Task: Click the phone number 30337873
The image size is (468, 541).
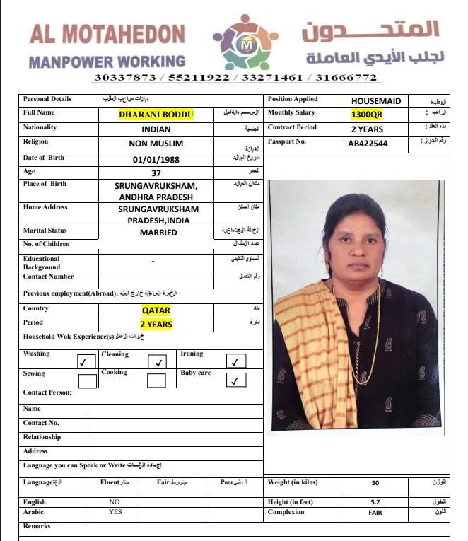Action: (x=116, y=78)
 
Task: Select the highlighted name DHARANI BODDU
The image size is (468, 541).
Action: (x=156, y=115)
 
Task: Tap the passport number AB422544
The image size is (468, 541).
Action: (x=367, y=144)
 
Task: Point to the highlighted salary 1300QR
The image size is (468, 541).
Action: (x=367, y=115)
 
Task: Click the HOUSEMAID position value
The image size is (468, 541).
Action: (x=375, y=101)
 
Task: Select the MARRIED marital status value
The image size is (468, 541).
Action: (x=158, y=232)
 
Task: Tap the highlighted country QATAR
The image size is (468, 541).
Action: (x=156, y=310)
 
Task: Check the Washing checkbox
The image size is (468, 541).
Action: (x=86, y=361)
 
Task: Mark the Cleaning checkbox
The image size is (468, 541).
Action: (x=158, y=361)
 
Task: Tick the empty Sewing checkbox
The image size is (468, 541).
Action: (x=88, y=380)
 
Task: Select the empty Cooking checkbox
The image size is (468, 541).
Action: (x=156, y=380)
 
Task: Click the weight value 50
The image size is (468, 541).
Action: (x=375, y=484)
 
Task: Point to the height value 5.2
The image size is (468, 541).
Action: (x=375, y=501)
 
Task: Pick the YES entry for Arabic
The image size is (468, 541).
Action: (x=116, y=511)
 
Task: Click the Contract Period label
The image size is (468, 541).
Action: (x=293, y=128)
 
